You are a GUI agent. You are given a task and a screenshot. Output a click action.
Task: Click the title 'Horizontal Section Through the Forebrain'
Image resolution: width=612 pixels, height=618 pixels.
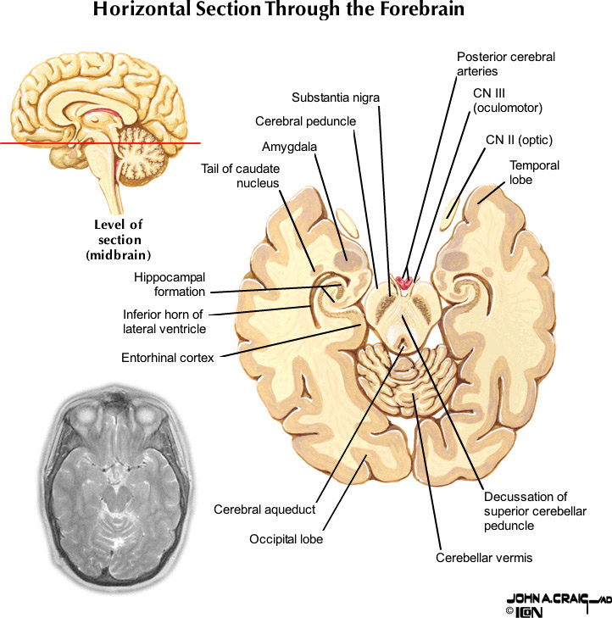[x=279, y=11]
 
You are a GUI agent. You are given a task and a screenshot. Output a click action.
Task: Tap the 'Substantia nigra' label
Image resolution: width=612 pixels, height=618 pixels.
[x=336, y=97]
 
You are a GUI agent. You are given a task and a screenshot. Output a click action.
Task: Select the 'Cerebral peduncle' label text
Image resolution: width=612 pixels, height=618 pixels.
[x=305, y=121]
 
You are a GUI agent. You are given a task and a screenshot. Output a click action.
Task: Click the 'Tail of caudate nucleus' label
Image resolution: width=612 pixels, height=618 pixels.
[x=240, y=176]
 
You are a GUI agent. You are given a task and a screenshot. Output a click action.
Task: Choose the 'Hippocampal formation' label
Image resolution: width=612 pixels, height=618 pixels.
[x=170, y=284]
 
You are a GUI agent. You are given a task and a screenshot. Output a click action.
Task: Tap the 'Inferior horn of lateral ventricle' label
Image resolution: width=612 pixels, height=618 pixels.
[x=163, y=322]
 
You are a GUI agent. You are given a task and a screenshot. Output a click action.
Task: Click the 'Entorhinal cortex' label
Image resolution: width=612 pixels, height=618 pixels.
[x=168, y=357]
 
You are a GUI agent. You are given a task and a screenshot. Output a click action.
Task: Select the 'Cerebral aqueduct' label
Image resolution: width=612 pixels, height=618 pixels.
[x=264, y=509]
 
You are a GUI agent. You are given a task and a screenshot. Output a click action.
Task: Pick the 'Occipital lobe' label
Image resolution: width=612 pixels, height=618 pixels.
[x=286, y=539]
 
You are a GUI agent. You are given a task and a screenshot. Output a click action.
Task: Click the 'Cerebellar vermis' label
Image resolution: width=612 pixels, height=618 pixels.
[x=484, y=558]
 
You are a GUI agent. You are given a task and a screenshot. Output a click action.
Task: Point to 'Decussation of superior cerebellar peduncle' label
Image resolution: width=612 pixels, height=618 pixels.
[x=525, y=511]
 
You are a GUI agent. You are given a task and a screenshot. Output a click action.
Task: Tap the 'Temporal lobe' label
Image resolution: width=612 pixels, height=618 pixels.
[x=534, y=172]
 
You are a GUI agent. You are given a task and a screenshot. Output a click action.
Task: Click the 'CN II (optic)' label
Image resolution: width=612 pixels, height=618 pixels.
[x=519, y=140]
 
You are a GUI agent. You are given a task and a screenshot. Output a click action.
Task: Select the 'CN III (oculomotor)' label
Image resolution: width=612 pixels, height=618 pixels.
[x=508, y=100]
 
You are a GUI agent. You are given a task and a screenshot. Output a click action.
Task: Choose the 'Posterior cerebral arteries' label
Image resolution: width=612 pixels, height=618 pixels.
[x=505, y=64]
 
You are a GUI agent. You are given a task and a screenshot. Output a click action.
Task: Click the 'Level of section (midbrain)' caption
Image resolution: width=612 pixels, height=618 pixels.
[x=119, y=240]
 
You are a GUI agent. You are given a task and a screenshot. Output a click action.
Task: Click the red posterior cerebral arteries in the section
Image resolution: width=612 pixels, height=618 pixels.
[x=406, y=281]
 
